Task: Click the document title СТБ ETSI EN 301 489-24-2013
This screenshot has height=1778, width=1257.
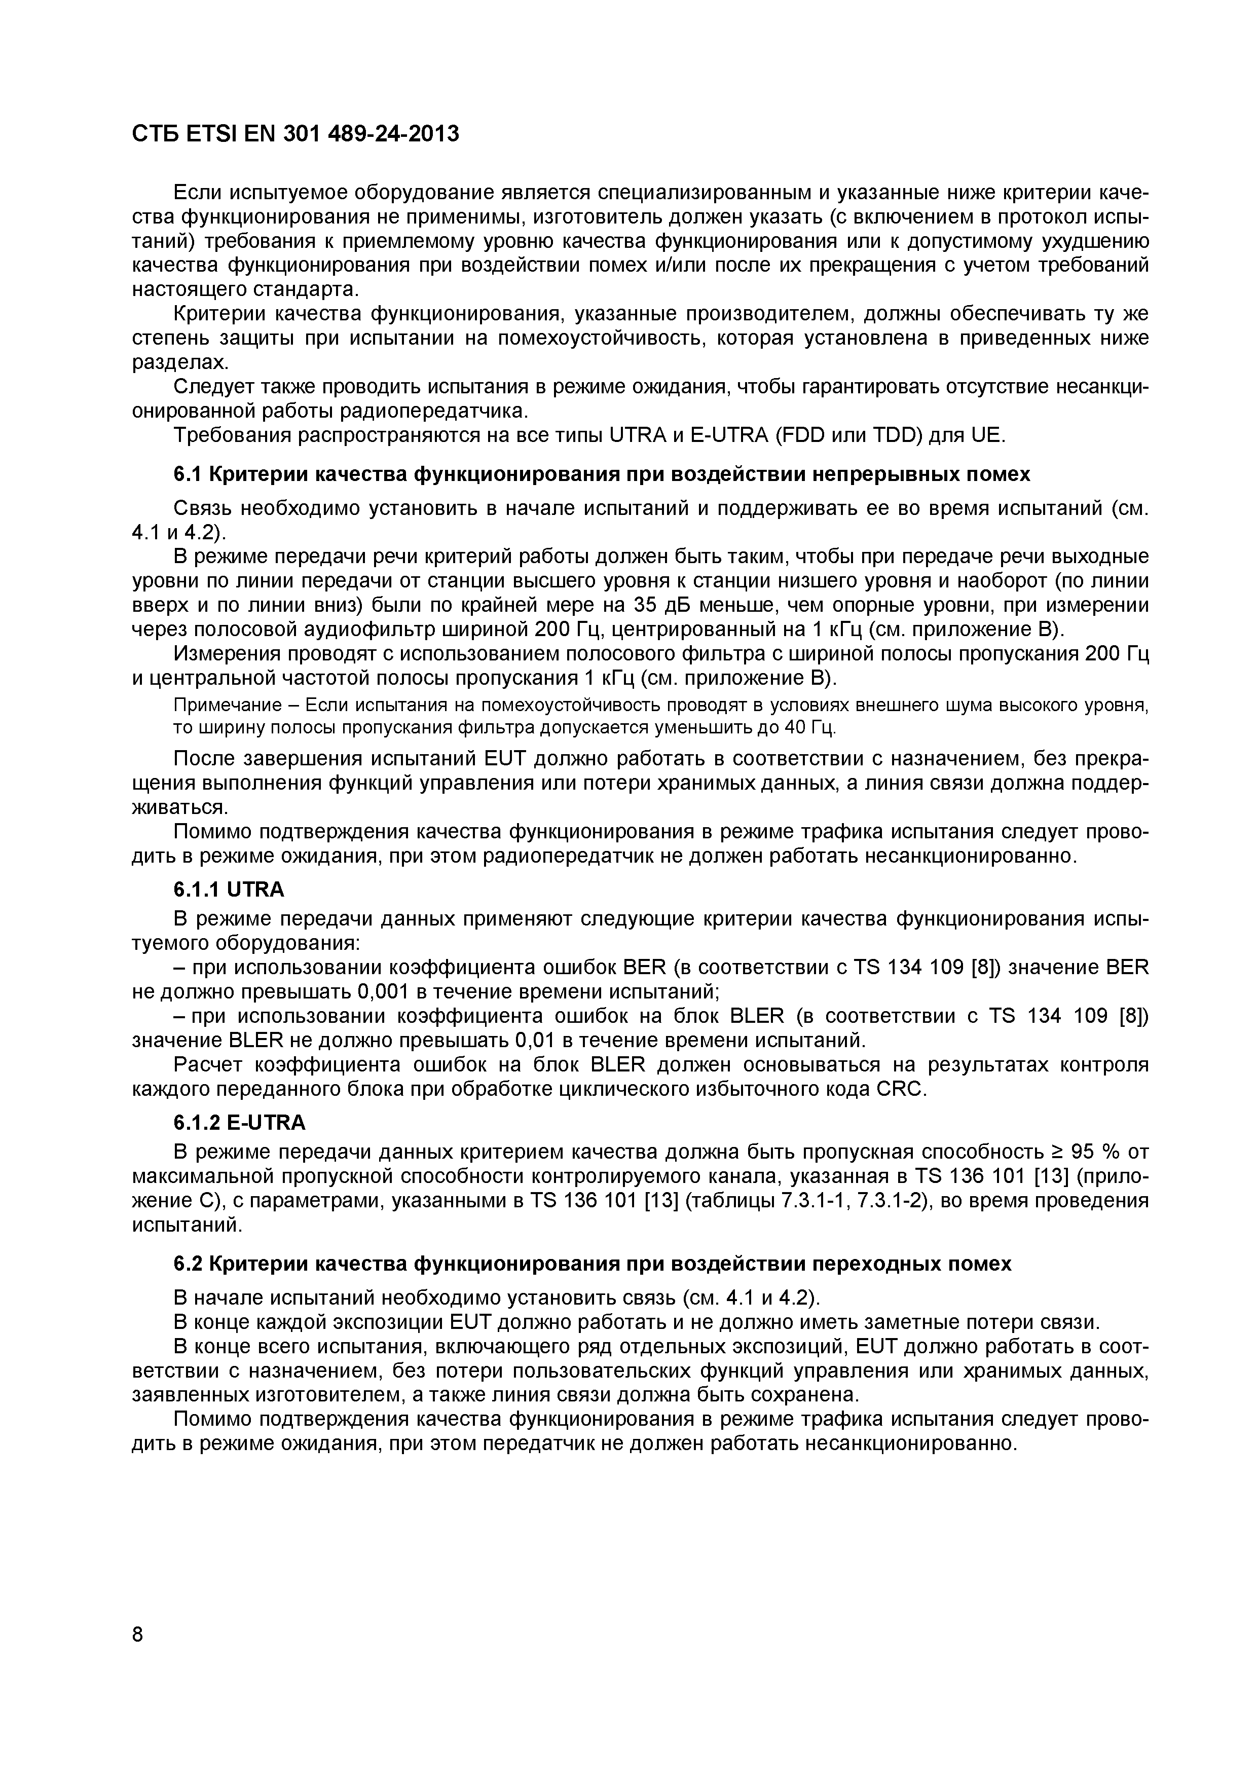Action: click(295, 134)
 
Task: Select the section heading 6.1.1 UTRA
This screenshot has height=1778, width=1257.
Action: click(229, 890)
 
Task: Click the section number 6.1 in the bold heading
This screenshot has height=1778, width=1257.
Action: click(188, 474)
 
